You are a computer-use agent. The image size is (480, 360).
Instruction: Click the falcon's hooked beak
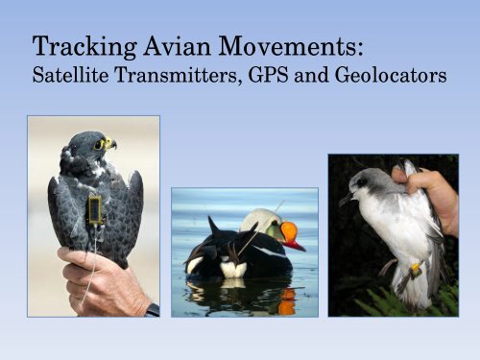click(x=112, y=146)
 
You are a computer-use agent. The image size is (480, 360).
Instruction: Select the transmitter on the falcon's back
click(x=95, y=210)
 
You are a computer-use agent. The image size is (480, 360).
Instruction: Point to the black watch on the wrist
click(x=152, y=309)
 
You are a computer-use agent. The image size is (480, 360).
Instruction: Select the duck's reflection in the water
click(x=240, y=295)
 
